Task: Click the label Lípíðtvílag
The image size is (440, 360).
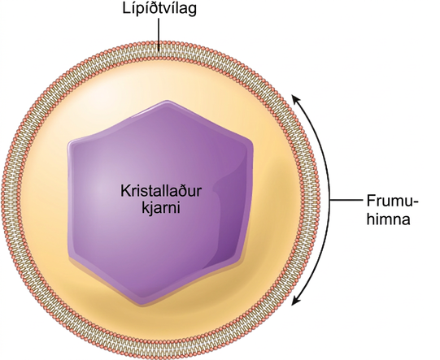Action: (159, 9)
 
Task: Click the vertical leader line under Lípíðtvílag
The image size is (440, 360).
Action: (159, 35)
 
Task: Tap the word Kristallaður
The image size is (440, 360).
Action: (161, 191)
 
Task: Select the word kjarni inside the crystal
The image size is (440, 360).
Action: (160, 209)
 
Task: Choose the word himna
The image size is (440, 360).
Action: (389, 219)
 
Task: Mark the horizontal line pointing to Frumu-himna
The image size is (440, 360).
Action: (346, 200)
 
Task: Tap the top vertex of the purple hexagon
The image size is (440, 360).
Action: (168, 102)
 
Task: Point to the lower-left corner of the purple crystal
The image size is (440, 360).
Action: (72, 256)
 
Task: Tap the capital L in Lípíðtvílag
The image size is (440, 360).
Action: (126, 8)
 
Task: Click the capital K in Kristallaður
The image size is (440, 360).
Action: (125, 191)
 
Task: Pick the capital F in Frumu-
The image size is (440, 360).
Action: (371, 201)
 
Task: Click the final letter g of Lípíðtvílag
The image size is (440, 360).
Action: (193, 11)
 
